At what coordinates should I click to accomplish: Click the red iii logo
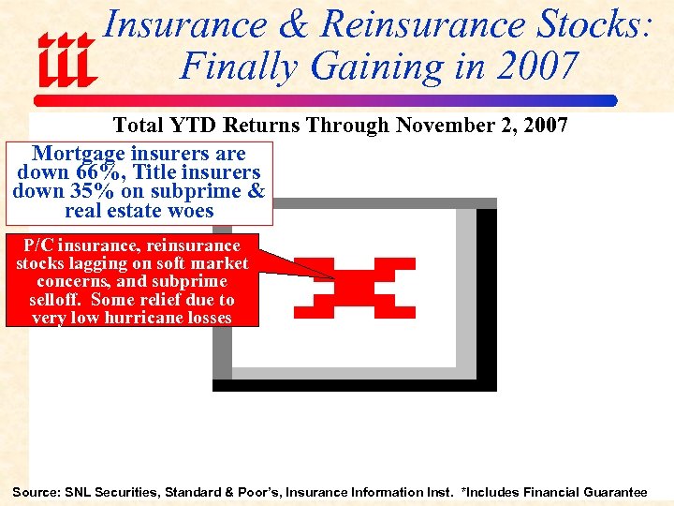tap(66, 58)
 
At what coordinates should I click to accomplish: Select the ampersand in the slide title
tap(292, 25)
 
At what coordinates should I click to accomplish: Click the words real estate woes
tap(139, 210)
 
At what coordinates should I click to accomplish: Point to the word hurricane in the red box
tap(144, 318)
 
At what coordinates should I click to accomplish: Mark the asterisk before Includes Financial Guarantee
tap(465, 491)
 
